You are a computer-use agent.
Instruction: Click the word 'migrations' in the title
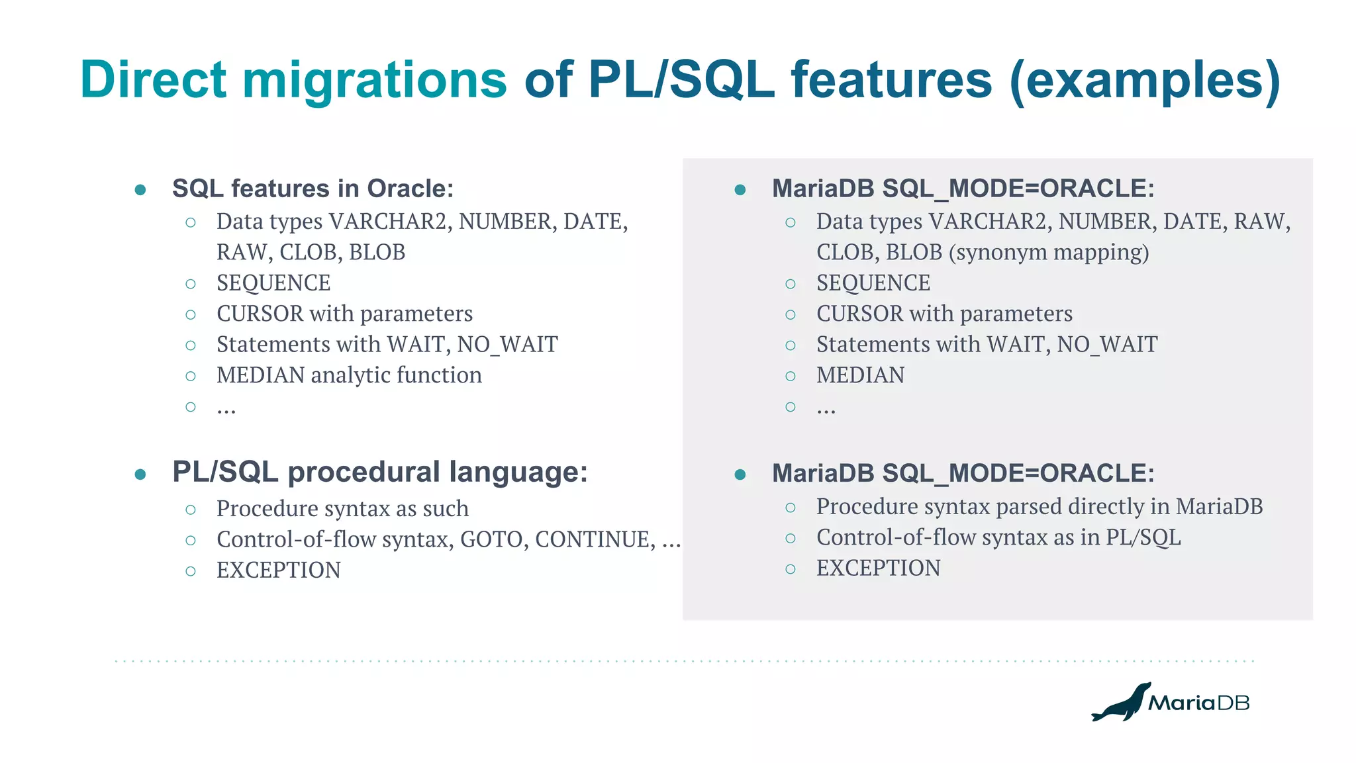(x=374, y=81)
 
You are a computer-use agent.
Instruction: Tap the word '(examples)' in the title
(x=1145, y=81)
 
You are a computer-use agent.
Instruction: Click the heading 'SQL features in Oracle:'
(x=313, y=189)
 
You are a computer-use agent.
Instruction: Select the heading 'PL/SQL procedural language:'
(x=379, y=472)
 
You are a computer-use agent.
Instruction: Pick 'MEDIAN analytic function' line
(x=349, y=376)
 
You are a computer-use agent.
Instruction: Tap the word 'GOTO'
(x=491, y=540)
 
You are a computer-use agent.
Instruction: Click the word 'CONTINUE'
(x=595, y=540)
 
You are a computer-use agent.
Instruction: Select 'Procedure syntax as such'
(x=342, y=509)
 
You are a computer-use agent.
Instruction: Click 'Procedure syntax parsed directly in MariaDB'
(x=1039, y=507)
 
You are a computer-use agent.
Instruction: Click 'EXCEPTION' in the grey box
(x=878, y=568)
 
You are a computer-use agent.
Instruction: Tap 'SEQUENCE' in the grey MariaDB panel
(x=873, y=283)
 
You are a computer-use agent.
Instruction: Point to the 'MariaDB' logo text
(x=1198, y=703)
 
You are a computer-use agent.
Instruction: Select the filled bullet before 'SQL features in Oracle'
(x=140, y=191)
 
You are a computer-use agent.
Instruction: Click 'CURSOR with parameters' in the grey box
(x=944, y=314)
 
